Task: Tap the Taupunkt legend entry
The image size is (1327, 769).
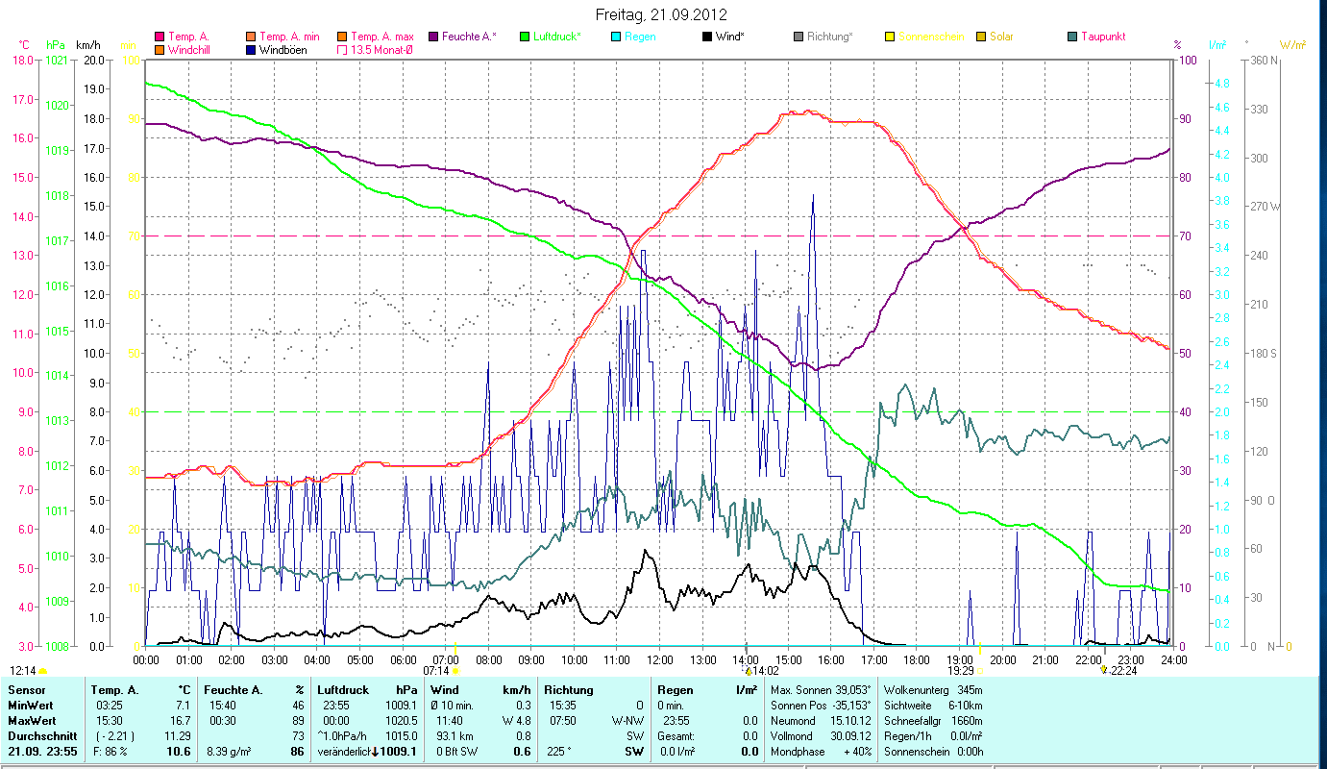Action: [1102, 37]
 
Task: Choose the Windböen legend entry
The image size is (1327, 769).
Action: [283, 49]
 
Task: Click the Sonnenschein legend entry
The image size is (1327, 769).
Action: [931, 37]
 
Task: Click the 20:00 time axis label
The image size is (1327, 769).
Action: [1003, 659]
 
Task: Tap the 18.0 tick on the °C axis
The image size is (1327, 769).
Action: [22, 60]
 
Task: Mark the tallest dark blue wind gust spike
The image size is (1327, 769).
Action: [813, 196]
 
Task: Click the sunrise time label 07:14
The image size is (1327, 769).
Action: [436, 670]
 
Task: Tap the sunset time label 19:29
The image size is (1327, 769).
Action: [961, 670]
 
